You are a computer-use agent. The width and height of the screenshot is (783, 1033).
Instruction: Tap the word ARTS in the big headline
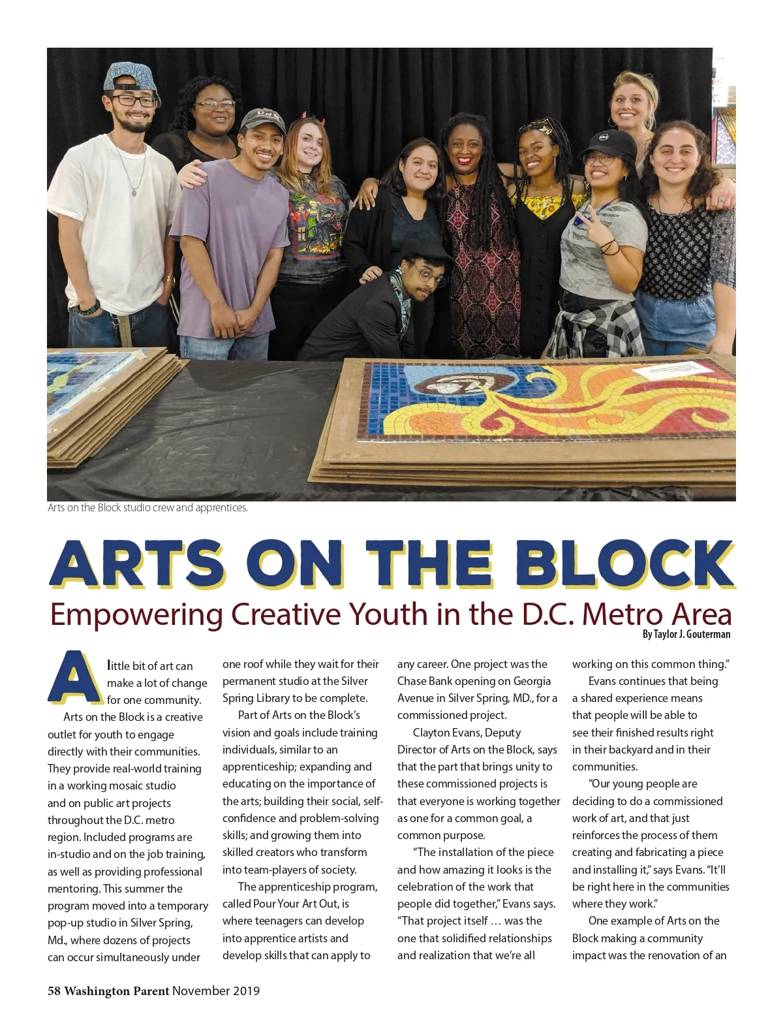[136, 563]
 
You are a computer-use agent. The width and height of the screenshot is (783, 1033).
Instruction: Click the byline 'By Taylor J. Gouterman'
[686, 634]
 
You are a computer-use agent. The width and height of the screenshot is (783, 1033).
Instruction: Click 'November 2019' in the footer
[216, 991]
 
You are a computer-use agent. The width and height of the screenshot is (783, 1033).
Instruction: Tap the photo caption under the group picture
[147, 507]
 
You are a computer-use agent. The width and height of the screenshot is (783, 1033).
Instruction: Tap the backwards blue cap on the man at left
[130, 78]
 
